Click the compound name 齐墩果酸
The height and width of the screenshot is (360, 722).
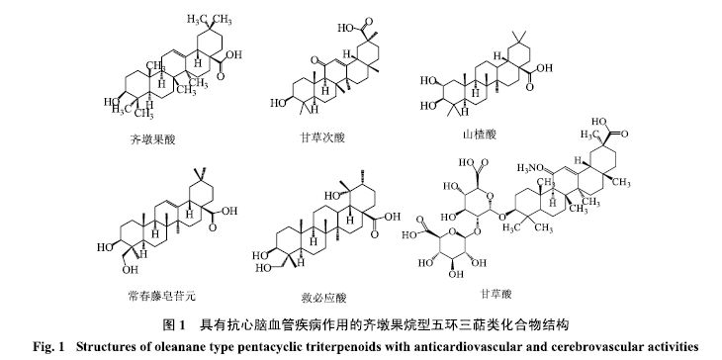(152, 139)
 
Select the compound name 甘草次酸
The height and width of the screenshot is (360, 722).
(321, 137)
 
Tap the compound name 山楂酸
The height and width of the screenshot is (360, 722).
(480, 135)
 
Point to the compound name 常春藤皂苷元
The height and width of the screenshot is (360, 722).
(161, 295)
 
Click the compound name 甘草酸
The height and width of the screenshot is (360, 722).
(495, 294)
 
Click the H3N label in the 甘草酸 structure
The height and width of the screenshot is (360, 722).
(527, 168)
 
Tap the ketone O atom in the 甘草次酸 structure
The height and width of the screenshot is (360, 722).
(315, 60)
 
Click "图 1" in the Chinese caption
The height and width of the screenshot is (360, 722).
(174, 326)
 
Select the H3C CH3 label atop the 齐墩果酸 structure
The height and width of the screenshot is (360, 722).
(209, 20)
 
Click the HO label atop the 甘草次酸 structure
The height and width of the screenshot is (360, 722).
(345, 28)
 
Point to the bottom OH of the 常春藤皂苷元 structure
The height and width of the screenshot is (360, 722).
(131, 269)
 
